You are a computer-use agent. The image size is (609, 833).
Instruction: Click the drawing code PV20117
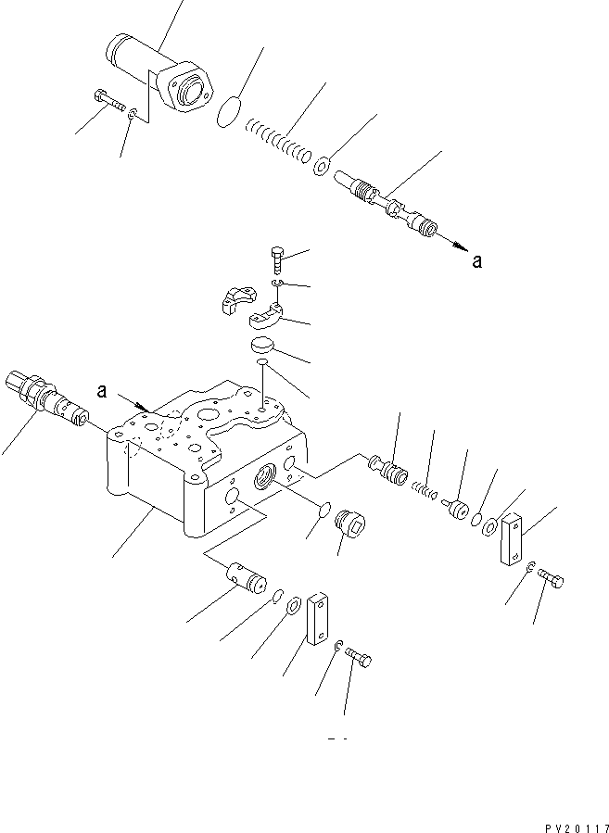tap(565, 820)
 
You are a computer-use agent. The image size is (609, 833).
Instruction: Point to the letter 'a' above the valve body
tap(102, 392)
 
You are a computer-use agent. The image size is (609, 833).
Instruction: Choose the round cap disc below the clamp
tap(264, 346)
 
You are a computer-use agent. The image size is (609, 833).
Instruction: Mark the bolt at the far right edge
tap(551, 580)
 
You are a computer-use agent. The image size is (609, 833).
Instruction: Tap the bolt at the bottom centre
tap(362, 658)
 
